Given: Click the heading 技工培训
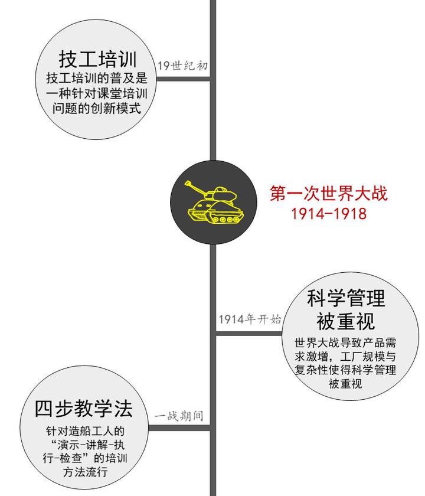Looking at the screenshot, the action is tap(97, 59).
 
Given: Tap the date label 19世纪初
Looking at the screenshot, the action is tap(182, 66).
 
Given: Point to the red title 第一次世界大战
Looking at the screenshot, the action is tap(329, 193).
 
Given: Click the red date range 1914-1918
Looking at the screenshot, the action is tap(329, 214).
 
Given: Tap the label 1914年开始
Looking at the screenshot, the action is tap(250, 319).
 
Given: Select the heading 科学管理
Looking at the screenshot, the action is tap(346, 298).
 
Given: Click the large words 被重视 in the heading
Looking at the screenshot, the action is tap(346, 321).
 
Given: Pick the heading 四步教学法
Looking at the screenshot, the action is tap(83, 409).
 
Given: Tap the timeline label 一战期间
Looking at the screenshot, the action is tap(179, 416).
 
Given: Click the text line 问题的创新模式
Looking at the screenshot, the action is tap(97, 108).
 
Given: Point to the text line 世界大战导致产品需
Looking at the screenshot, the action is tap(345, 342).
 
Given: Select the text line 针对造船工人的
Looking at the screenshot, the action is tap(86, 431).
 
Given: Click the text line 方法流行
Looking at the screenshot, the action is tap(86, 472).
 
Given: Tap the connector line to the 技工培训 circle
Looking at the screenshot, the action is tap(183, 79).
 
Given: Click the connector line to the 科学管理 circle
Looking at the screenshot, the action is tap(249, 334).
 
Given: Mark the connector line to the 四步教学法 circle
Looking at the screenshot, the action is tap(179, 428).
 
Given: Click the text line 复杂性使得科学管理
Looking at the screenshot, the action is tap(345, 370).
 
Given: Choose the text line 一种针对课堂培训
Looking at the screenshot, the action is tap(97, 94).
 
